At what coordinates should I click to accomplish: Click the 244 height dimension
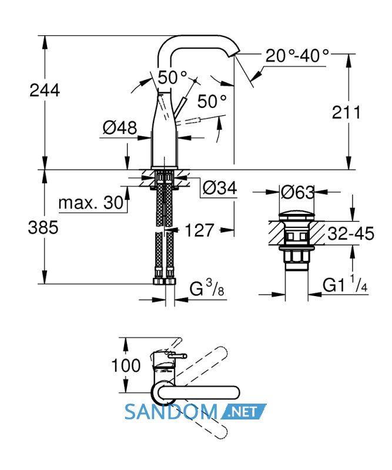45,90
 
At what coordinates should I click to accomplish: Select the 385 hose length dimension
43,227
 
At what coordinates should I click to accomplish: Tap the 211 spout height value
346,112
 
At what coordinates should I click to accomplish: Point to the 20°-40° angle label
297,55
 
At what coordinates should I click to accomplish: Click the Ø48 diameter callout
120,127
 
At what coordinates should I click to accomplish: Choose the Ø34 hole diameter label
220,188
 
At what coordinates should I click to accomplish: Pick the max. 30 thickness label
91,203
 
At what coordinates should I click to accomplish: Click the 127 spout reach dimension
199,230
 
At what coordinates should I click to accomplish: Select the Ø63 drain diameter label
297,192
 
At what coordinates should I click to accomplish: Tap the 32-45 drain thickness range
351,233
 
